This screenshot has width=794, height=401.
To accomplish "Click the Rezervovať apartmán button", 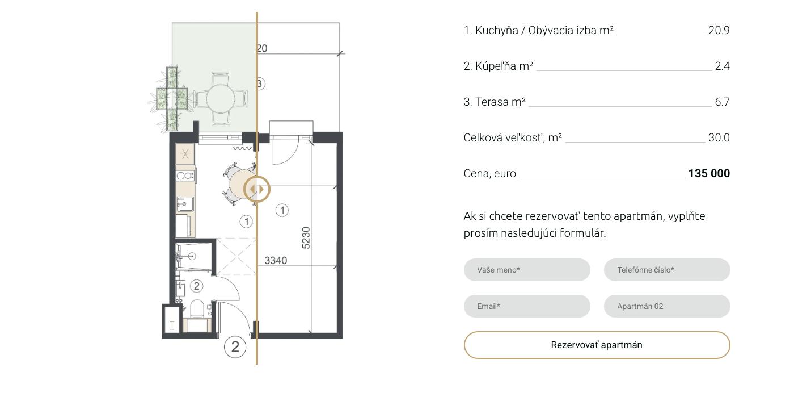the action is click(x=597, y=345).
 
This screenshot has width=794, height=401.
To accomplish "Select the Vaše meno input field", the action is click(x=527, y=270).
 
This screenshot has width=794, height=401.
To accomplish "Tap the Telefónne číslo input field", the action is click(x=667, y=270).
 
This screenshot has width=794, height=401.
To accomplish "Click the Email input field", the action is click(x=527, y=306).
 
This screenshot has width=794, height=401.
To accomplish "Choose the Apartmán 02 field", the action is click(x=667, y=306).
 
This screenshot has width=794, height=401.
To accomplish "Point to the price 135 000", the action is click(x=709, y=173).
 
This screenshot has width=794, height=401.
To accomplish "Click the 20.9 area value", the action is click(x=719, y=30).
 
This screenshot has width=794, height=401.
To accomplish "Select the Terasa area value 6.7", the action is click(x=722, y=102).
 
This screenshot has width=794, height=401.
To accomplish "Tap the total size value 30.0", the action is click(x=719, y=137).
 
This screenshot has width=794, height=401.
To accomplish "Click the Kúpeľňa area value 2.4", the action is click(x=722, y=66).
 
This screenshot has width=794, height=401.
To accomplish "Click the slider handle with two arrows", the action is click(x=256, y=189).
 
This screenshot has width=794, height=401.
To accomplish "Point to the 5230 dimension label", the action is click(x=306, y=238).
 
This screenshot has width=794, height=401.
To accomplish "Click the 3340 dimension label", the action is click(x=276, y=261).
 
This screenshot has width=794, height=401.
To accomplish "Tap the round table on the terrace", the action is click(x=220, y=99).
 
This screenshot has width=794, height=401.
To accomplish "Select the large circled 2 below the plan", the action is click(x=235, y=346).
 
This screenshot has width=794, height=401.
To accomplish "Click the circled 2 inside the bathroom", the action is click(x=196, y=286).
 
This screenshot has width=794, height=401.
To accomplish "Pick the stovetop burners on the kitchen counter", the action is click(x=185, y=176).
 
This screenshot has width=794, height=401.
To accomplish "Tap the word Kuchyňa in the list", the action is click(x=497, y=30).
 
